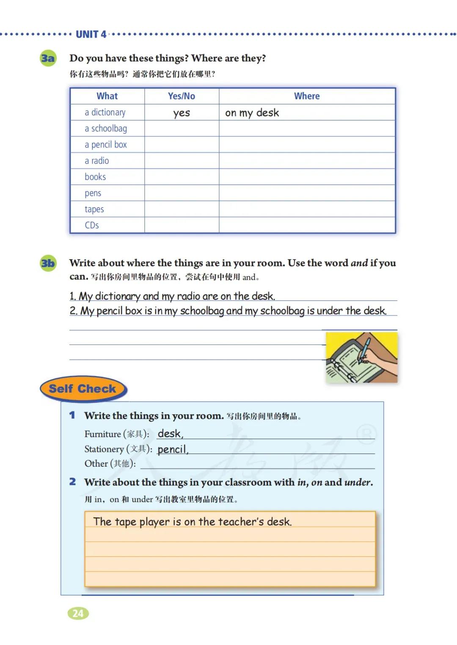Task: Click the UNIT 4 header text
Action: coord(91,34)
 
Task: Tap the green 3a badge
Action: coord(48,58)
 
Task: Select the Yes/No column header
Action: coord(182,96)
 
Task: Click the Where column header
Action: coord(307,96)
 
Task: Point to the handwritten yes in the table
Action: coord(182,113)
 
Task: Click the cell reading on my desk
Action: coord(252,113)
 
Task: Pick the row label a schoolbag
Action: coord(106,128)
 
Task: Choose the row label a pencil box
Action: coord(106,145)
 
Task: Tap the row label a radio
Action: coord(97,161)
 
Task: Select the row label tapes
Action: coord(94,209)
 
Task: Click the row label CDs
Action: coord(92,225)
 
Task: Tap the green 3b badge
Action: coord(48,263)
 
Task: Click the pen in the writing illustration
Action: coord(364,349)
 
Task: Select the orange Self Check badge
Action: coord(83,389)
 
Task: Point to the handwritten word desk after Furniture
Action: coord(170,434)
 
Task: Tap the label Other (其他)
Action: coord(110,464)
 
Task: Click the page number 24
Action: coord(78,613)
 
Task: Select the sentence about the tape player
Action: coord(193,522)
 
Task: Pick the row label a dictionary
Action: coord(105,112)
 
